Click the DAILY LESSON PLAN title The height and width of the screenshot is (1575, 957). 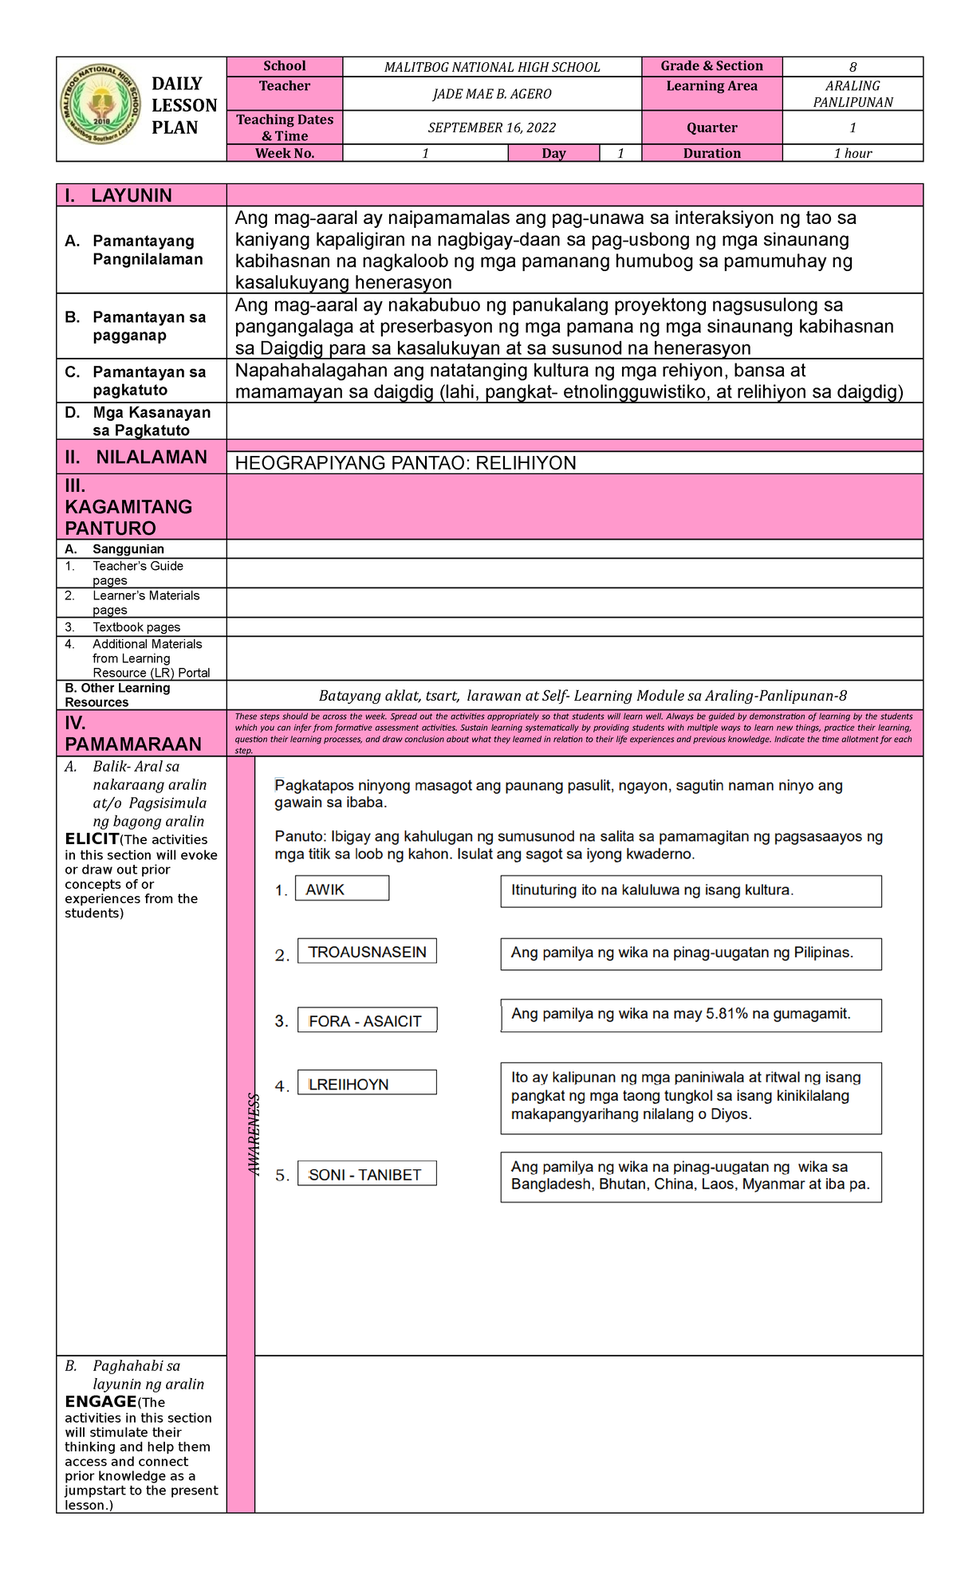coord(183,105)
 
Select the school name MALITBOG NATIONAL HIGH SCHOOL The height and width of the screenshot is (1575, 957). coord(491,68)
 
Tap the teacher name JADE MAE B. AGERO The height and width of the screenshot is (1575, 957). coord(491,94)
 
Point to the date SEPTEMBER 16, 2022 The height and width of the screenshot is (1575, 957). coord(491,128)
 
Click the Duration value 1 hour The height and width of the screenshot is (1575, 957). coord(852,153)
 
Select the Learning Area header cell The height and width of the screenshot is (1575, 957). coord(711,86)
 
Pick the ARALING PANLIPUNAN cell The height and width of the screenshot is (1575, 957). coord(852,94)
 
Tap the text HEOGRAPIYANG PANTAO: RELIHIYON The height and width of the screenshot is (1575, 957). coord(405,463)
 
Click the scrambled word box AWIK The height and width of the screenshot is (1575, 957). coord(341,889)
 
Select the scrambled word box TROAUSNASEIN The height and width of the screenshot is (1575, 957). coord(367,952)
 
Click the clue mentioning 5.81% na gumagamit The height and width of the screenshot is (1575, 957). coord(690,1014)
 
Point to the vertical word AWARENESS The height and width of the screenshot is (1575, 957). coord(254,1133)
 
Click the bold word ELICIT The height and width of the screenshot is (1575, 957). coord(92,839)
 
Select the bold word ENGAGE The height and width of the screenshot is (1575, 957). coord(100,1401)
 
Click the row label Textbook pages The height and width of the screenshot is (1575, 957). coord(136,627)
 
